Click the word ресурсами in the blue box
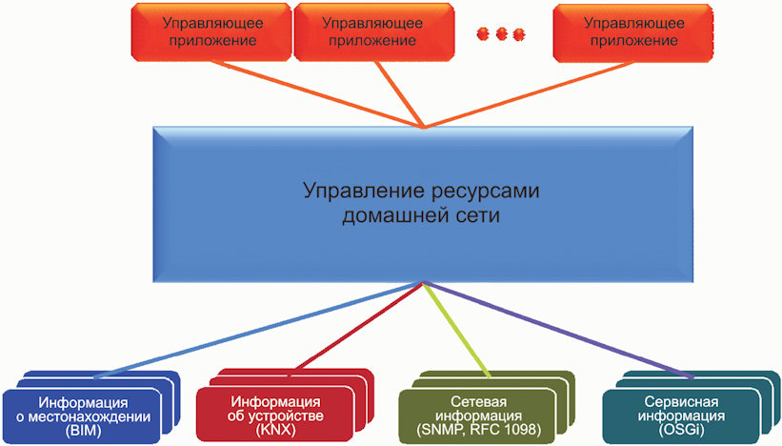point(485,192)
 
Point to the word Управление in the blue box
point(364,192)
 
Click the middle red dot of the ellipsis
point(501,34)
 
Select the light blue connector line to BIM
point(259,330)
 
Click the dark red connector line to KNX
point(360,326)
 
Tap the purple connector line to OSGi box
point(558,330)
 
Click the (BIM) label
point(83,431)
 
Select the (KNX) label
point(276,430)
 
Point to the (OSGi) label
point(681,429)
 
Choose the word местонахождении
point(90,416)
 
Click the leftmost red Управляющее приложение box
point(211,32)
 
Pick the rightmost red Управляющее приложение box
point(632,33)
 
